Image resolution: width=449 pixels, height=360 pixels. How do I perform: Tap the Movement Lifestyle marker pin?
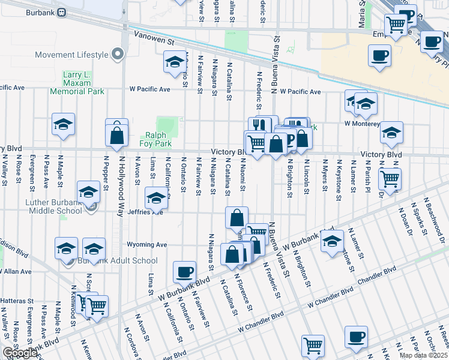118,55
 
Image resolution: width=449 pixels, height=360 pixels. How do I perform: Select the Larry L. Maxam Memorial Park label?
83,83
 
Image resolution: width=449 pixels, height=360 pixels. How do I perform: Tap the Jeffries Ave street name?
148,211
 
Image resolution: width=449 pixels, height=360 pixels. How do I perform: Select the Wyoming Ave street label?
146,245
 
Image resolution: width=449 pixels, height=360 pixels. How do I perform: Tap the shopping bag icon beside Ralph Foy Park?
117,135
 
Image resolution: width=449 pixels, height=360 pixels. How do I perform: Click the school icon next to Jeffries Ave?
156,197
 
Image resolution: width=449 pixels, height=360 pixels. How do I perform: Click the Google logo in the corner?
20,353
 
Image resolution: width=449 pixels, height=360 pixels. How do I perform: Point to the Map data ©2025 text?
423,355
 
